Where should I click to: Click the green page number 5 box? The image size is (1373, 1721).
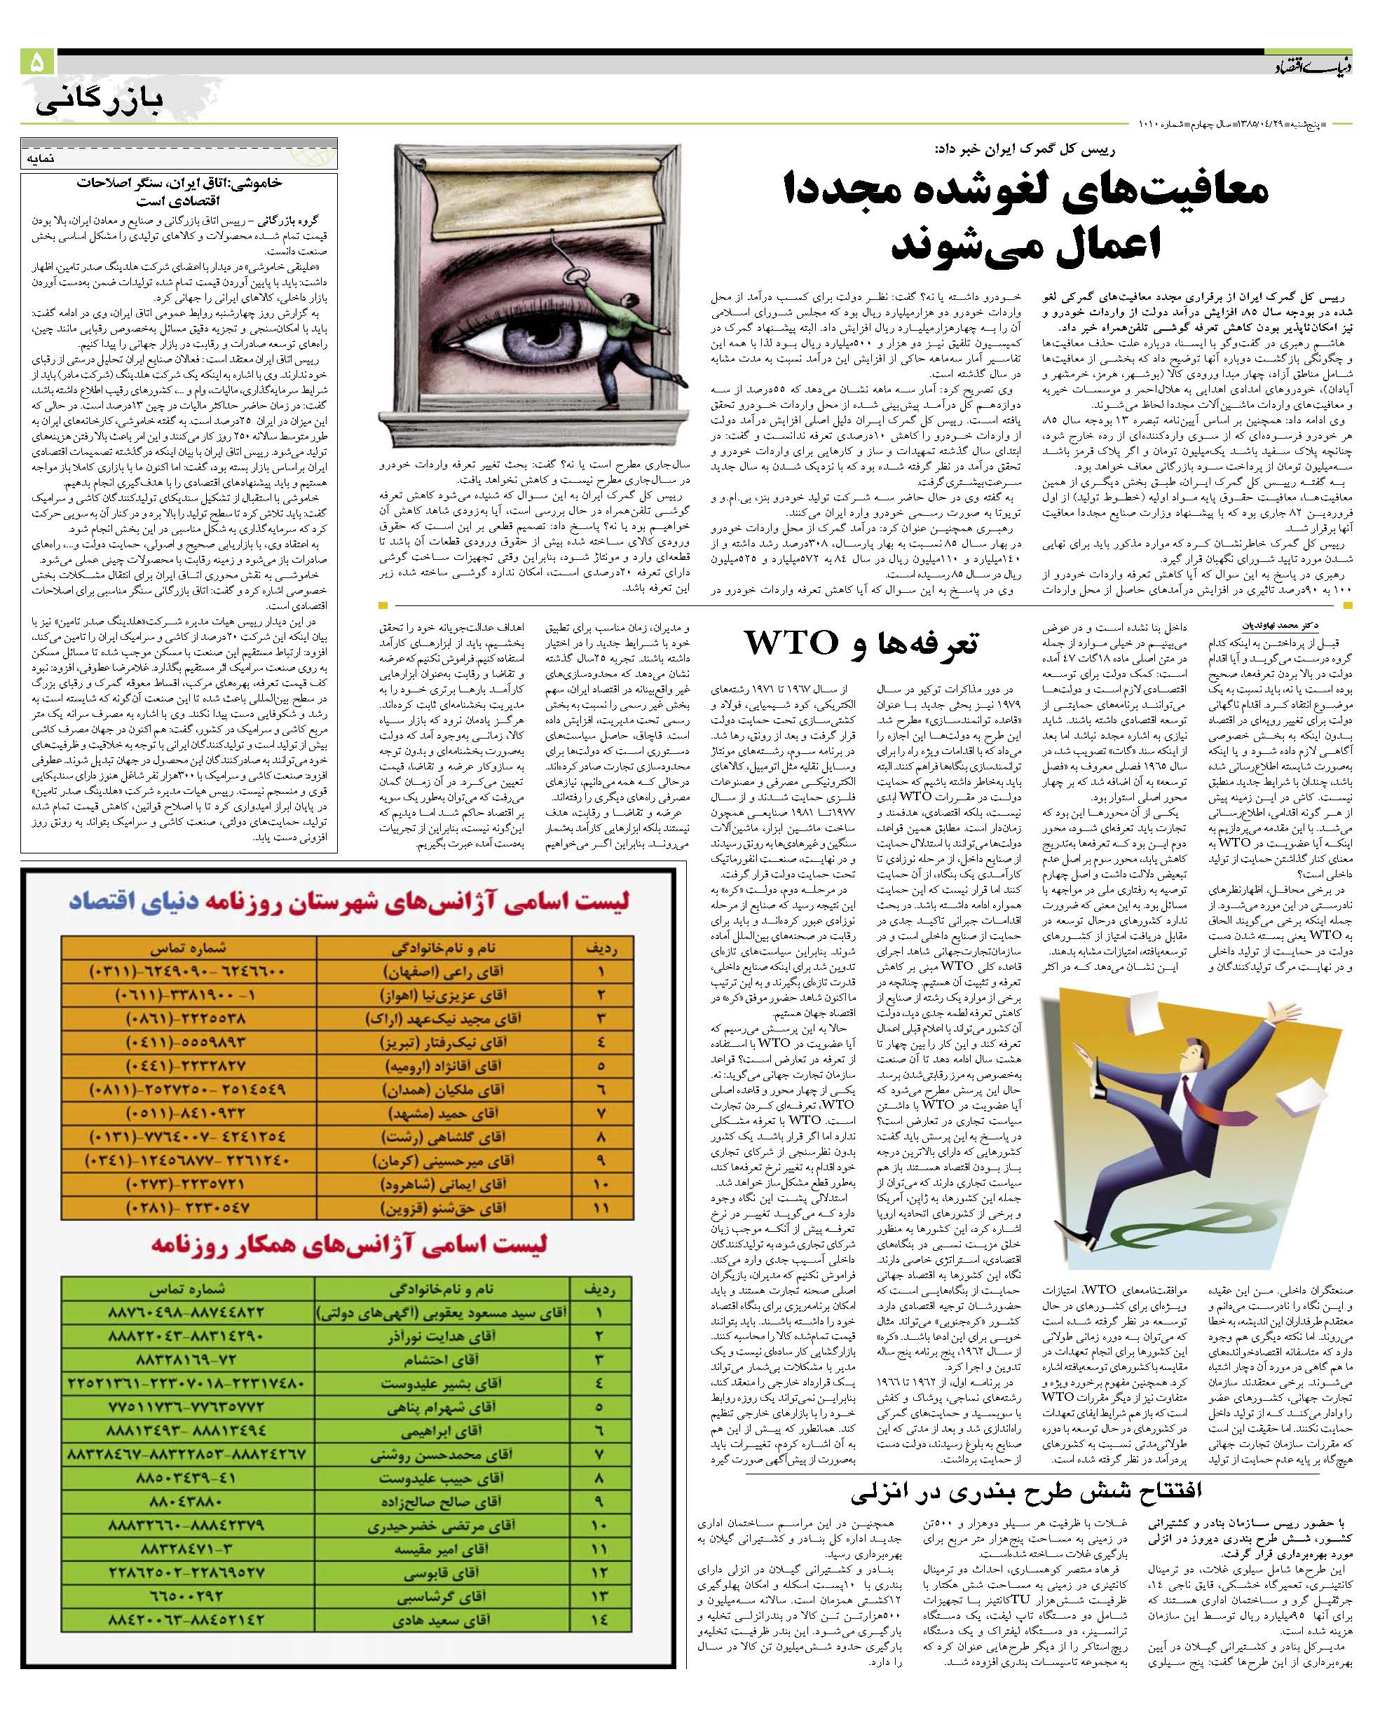[x=36, y=62]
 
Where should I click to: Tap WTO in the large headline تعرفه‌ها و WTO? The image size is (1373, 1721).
[x=792, y=642]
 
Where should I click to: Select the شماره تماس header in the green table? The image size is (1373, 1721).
[x=187, y=1289]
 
